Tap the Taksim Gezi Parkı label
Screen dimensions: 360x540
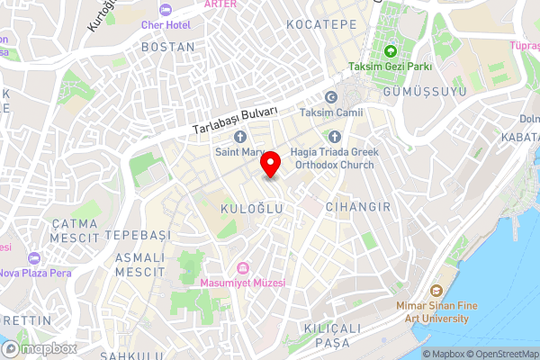tap(391, 67)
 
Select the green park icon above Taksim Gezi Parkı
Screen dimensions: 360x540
tap(391, 50)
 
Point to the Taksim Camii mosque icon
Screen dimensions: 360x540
tap(330, 97)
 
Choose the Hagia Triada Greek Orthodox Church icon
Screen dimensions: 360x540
tap(334, 137)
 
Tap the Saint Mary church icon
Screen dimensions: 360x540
tap(239, 137)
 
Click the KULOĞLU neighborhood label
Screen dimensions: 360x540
tap(252, 208)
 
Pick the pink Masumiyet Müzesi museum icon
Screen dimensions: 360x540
tap(242, 268)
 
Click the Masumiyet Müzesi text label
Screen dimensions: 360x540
tap(248, 283)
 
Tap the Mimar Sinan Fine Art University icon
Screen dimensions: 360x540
tap(436, 291)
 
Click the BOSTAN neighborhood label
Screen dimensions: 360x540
tap(167, 46)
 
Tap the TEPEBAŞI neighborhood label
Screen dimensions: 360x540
tap(138, 235)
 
